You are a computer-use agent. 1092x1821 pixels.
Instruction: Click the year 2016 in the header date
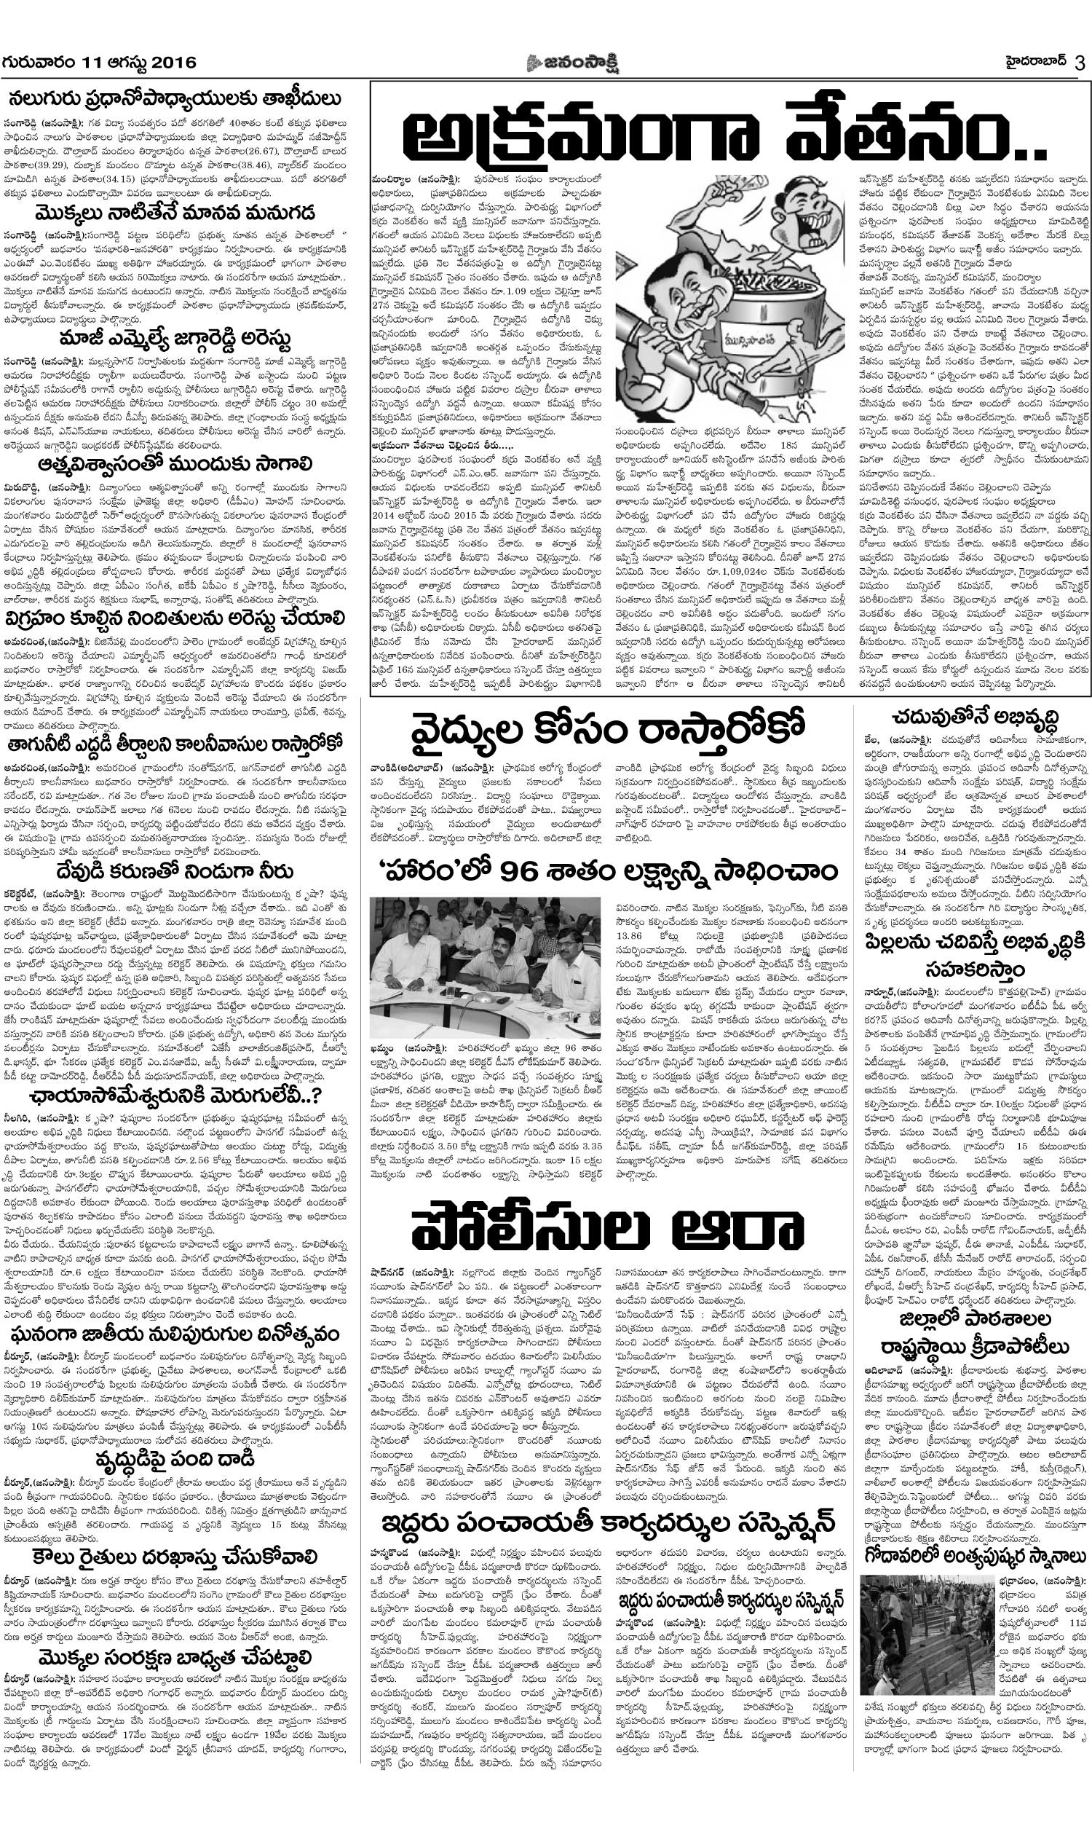[175, 63]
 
